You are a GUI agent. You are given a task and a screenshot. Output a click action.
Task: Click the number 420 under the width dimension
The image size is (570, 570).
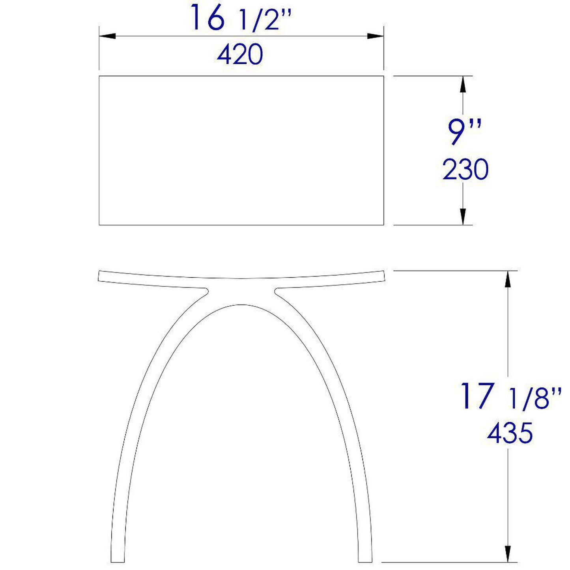[240, 55]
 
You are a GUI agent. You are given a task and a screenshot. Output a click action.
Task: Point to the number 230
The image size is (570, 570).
[465, 170]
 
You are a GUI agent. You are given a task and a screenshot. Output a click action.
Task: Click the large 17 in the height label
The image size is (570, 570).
[477, 396]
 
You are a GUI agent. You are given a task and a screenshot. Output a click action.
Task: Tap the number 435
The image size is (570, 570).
[510, 433]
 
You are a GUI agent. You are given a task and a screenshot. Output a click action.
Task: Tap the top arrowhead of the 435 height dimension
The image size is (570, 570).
[508, 279]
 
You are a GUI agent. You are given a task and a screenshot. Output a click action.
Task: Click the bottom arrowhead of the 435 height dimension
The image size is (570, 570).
[508, 554]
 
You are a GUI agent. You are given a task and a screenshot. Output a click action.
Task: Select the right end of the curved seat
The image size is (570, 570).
[383, 276]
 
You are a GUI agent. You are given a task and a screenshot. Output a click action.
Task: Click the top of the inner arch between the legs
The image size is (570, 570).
[241, 305]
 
